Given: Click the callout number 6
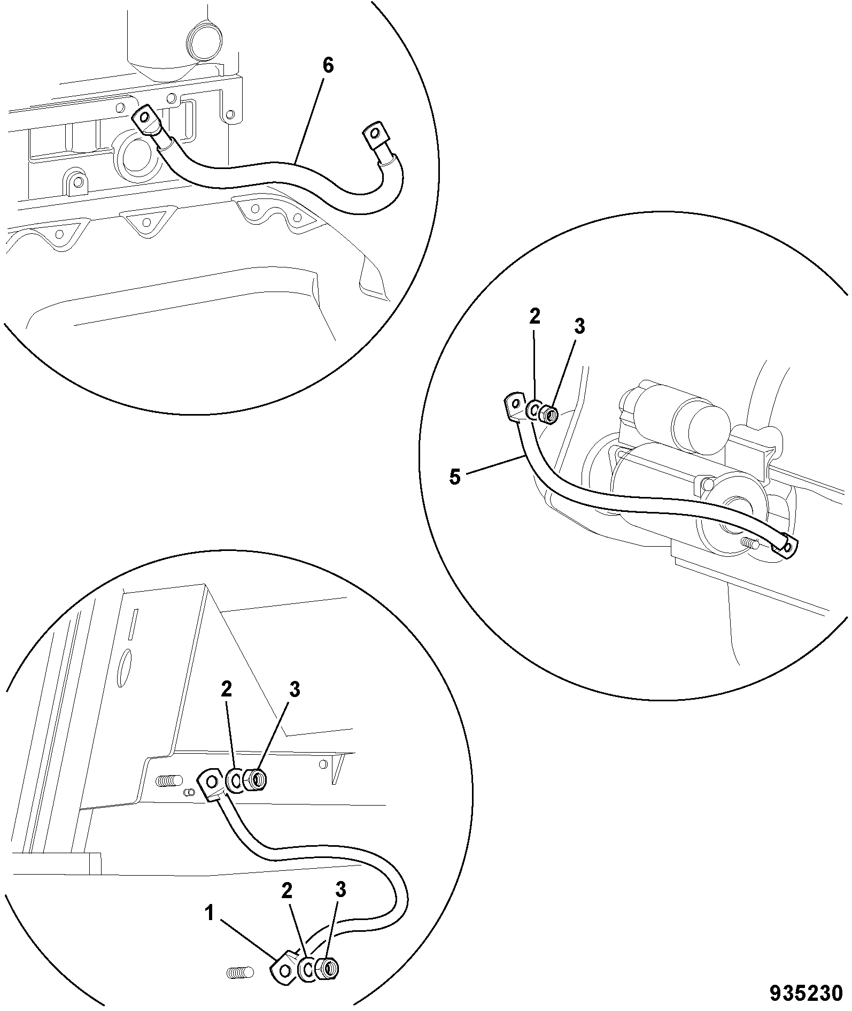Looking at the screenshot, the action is pyautogui.click(x=328, y=66).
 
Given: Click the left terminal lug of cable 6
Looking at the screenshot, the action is pyautogui.click(x=145, y=120).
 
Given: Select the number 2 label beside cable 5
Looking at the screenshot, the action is pyautogui.click(x=535, y=317).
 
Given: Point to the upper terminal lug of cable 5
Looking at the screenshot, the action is pyautogui.click(x=514, y=406).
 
